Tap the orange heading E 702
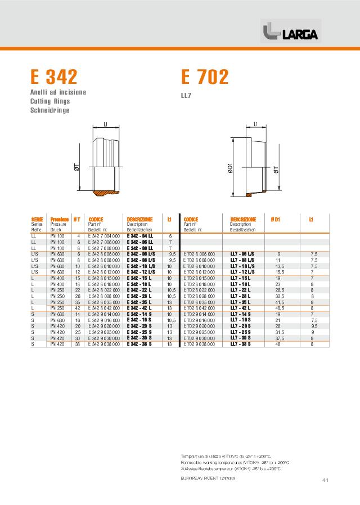click(205, 77)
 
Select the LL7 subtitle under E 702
click(186, 95)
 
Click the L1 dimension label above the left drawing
click(105, 125)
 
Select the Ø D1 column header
click(276, 219)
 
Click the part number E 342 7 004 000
click(104, 235)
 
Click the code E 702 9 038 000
click(199, 343)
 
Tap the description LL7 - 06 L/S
click(242, 254)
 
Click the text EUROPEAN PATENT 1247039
click(208, 477)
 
